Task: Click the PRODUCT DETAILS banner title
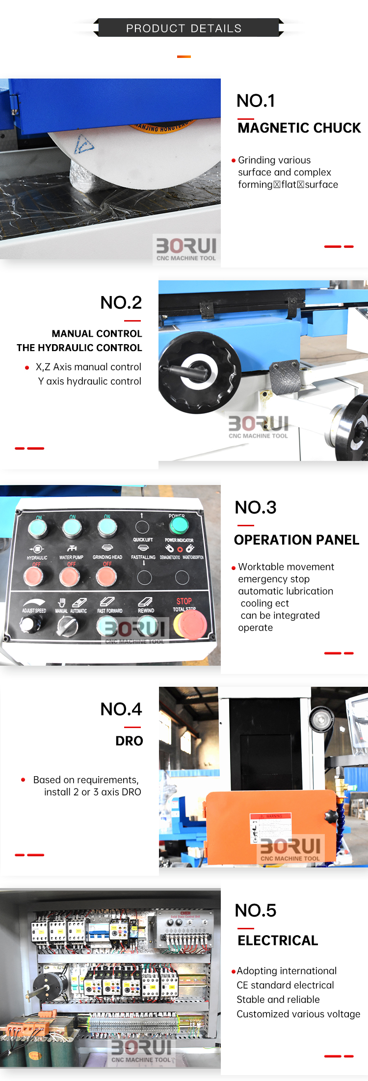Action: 184,28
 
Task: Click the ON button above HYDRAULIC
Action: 38,528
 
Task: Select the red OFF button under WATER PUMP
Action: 70,576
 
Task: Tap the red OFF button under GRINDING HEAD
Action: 106,576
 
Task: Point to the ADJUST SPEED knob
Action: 30,625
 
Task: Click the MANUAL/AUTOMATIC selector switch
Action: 67,626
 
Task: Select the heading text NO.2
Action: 121,303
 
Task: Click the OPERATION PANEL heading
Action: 296,540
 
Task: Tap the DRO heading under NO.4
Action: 129,741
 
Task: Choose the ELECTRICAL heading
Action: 278,940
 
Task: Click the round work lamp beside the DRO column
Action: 321,720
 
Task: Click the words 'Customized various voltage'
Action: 298,1014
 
